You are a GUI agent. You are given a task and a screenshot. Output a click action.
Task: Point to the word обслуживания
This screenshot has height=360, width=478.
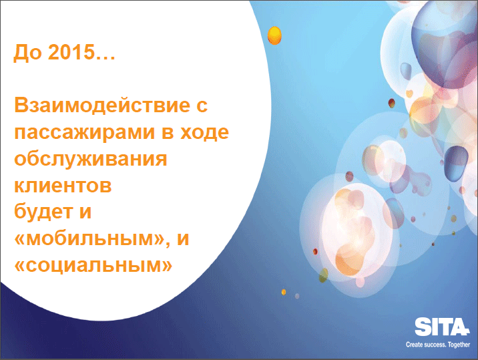tap(91, 160)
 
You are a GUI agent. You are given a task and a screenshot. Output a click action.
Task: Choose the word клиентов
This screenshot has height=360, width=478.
tap(63, 185)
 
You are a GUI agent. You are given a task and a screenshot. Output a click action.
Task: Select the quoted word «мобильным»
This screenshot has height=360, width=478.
tap(89, 238)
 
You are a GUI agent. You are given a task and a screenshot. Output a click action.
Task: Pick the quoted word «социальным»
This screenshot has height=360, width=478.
tap(93, 265)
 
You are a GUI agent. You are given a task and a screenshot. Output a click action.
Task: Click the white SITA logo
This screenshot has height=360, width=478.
tap(441, 327)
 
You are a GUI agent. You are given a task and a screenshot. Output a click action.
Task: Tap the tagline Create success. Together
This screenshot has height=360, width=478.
tap(438, 345)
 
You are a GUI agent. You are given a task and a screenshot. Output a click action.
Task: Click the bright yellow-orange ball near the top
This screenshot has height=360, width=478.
tap(274, 35)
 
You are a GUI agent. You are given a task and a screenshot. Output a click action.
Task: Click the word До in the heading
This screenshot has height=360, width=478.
tap(27, 53)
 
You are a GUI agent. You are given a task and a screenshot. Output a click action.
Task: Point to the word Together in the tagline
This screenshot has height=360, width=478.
tap(459, 345)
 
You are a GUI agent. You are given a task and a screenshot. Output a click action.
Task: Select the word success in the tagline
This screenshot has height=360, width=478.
tap(435, 345)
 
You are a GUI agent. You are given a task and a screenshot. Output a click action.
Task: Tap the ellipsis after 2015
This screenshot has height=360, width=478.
tap(105, 57)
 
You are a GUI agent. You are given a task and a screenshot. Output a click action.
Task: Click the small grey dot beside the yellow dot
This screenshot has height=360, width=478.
tap(297, 296)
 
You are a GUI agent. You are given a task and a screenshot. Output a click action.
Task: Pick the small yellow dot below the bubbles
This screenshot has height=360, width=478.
tap(284, 293)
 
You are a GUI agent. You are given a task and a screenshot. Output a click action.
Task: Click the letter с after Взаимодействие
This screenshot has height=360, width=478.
tap(200, 106)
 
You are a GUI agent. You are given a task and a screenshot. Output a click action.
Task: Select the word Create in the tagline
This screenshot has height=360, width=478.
tap(415, 345)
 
